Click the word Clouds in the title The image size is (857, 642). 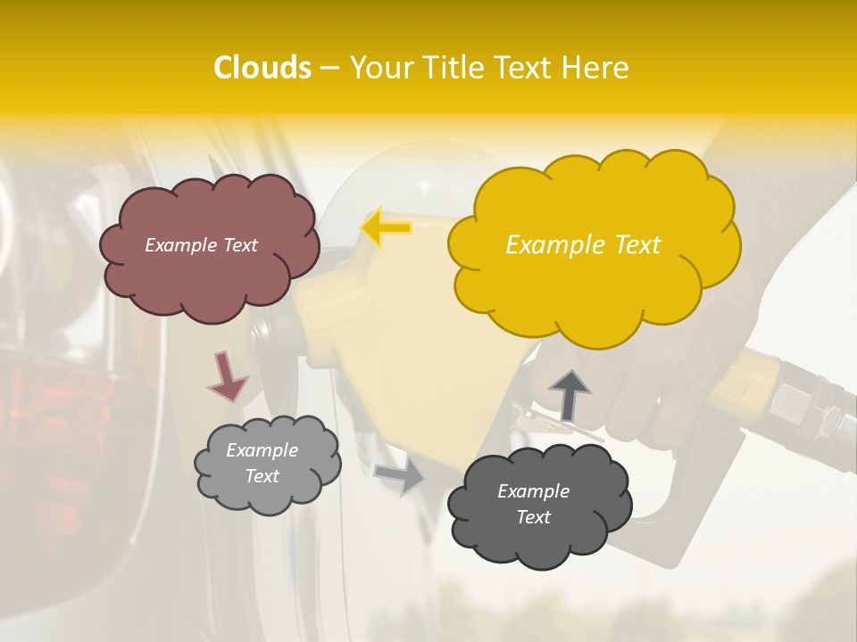click(x=262, y=68)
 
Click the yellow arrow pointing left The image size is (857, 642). click(x=387, y=227)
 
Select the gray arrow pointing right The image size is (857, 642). click(x=400, y=475)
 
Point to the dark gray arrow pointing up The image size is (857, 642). click(x=569, y=394)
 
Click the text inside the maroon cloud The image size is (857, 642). click(x=201, y=244)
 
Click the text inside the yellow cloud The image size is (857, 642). click(x=583, y=245)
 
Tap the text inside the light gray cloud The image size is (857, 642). click(x=262, y=463)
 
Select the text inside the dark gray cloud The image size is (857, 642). click(x=533, y=504)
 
